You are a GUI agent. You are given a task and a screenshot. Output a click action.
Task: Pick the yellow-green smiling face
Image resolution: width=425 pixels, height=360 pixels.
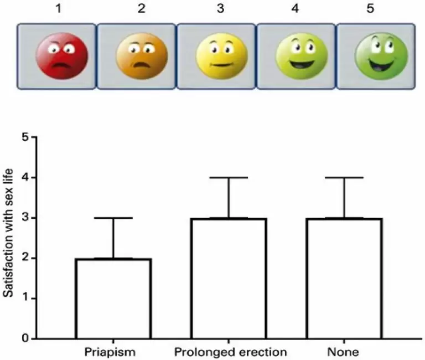coord(296,56)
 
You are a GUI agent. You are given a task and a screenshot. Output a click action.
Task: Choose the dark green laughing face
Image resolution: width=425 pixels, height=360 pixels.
coord(376,56)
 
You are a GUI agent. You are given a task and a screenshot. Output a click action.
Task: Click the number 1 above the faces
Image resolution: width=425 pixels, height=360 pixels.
coord(58,9)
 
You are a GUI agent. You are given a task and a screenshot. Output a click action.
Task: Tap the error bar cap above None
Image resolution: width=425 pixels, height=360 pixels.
coord(344,177)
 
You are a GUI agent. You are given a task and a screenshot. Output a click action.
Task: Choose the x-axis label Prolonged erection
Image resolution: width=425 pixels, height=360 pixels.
coord(230,352)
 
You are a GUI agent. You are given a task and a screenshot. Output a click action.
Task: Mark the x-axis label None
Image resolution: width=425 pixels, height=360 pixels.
coord(344,352)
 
